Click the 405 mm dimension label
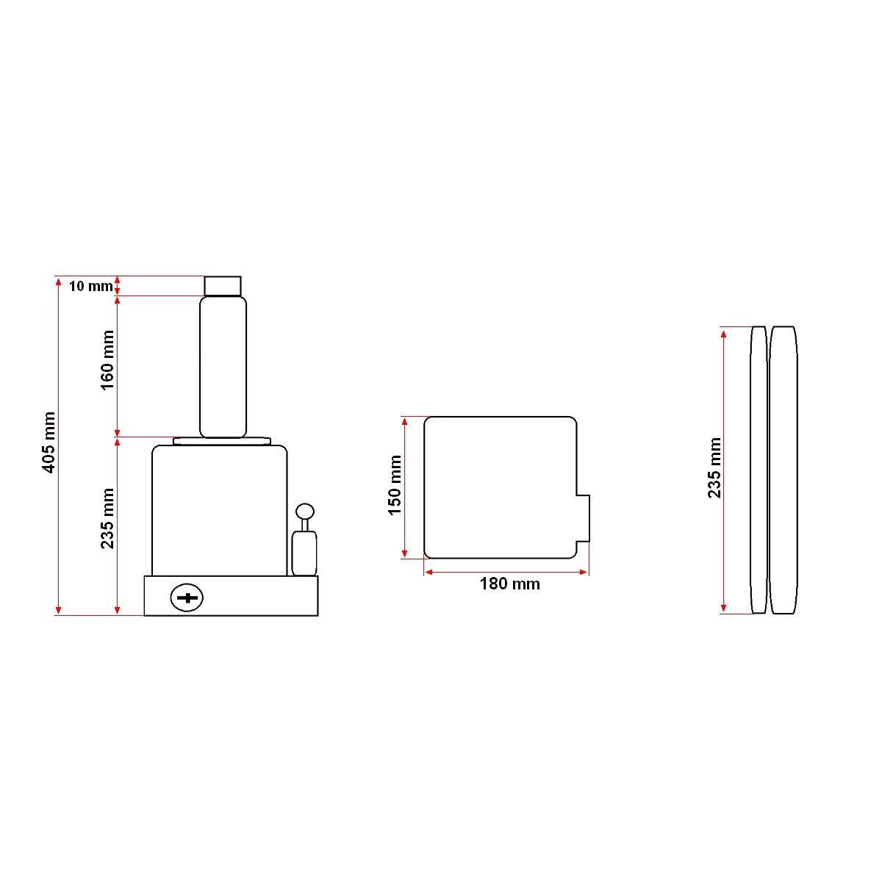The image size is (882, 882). point(49,442)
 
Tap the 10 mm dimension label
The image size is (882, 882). point(90,286)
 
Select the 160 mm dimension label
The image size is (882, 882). point(107,360)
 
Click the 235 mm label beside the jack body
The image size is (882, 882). point(107,518)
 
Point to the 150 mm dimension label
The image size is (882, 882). point(394,485)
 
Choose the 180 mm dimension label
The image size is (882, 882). point(509,584)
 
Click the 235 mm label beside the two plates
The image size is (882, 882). point(714,467)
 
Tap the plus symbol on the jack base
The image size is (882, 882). point(187,598)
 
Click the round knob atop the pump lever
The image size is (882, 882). point(305,511)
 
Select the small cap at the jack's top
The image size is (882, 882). point(223,286)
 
